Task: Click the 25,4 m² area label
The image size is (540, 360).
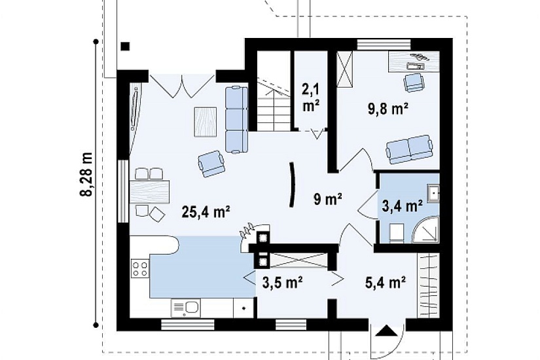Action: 206,211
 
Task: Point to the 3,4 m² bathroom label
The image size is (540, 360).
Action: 403,206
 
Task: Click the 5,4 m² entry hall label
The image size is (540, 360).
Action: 385,283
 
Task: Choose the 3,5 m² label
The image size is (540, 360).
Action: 282,283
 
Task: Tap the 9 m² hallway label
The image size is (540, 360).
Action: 327,199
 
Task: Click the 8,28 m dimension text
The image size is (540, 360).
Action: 87,174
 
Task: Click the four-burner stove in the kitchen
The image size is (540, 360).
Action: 140,269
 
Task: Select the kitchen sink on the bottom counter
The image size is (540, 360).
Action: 186,308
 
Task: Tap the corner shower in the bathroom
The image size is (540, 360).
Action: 426,230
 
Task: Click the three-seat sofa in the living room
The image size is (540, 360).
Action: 237,119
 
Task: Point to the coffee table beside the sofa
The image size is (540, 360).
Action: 206,122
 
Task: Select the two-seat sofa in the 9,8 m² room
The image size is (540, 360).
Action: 409,149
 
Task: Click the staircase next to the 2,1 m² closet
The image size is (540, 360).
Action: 274,91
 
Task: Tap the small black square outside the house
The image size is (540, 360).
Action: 126,46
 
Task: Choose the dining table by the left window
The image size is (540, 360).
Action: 150,192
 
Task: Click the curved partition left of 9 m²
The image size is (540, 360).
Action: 293,185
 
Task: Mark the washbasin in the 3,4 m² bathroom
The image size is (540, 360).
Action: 433,193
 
